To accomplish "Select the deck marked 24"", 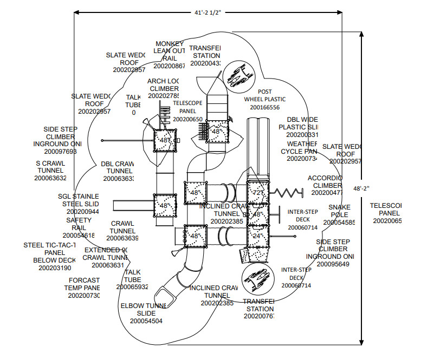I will coord(257,235).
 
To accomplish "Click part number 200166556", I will coord(268,107).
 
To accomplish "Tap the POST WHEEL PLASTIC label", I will coord(264,95).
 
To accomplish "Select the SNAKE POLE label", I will coord(339,211).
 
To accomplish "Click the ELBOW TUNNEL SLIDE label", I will coord(143,309).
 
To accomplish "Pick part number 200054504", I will coord(146,321).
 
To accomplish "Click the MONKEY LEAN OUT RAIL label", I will coord(170,51).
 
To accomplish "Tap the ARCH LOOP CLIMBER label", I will coord(164,85).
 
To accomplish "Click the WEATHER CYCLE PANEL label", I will coord(302,147).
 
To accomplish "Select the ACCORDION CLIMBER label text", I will coord(325,182).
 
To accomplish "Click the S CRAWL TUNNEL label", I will coord(50,167).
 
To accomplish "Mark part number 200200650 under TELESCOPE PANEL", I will coord(187,119).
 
